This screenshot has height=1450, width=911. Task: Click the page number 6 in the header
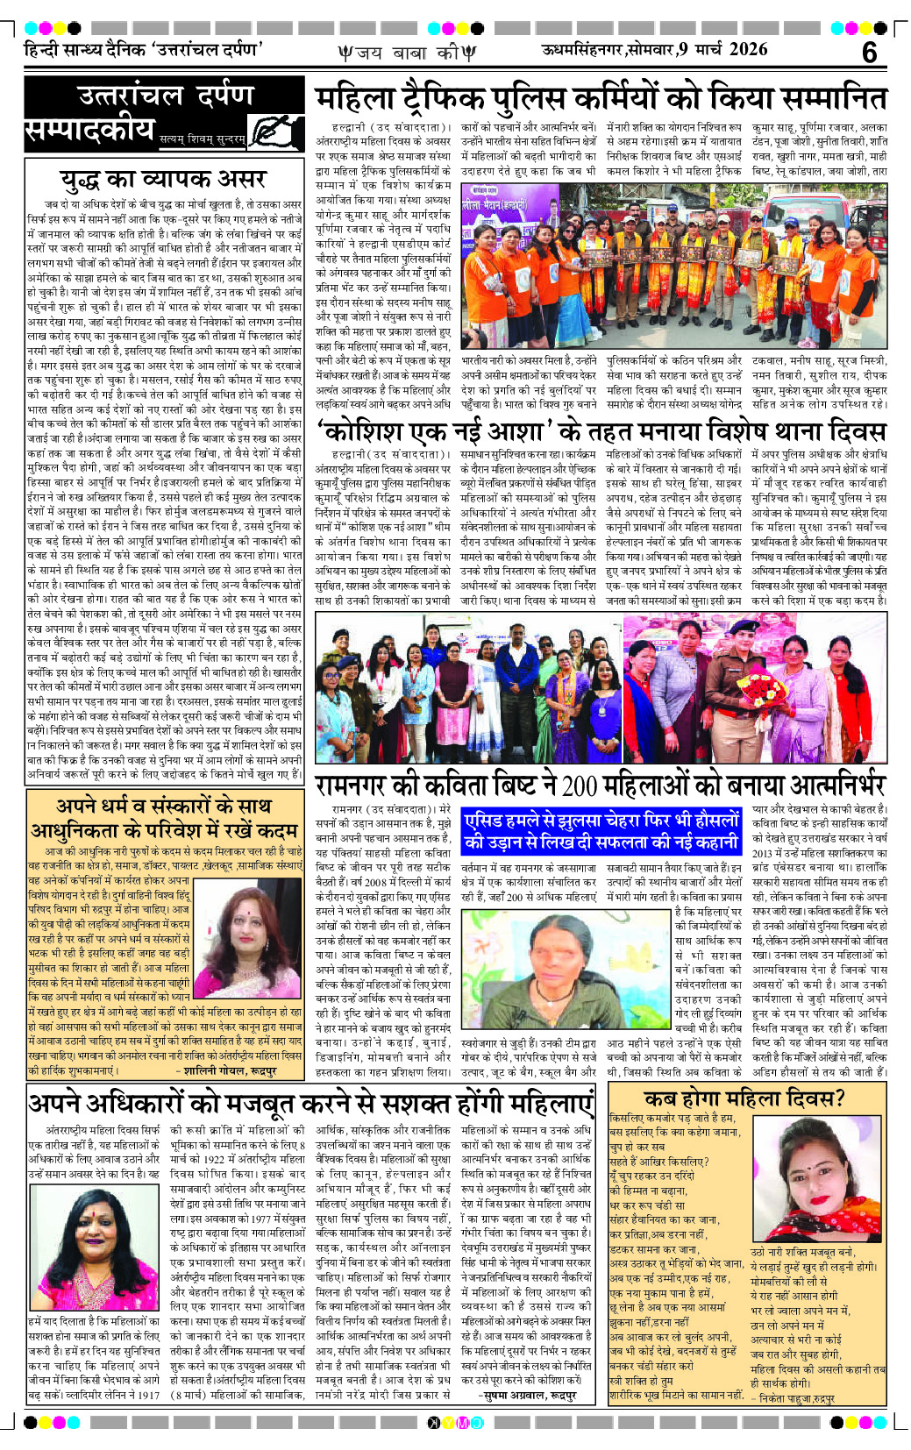point(868,53)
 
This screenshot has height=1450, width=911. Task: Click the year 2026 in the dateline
point(748,50)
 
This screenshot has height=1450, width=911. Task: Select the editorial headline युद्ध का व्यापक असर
point(163,180)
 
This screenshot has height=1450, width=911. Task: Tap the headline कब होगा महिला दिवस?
point(744,1098)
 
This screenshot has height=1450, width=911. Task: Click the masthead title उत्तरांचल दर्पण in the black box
point(165,96)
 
